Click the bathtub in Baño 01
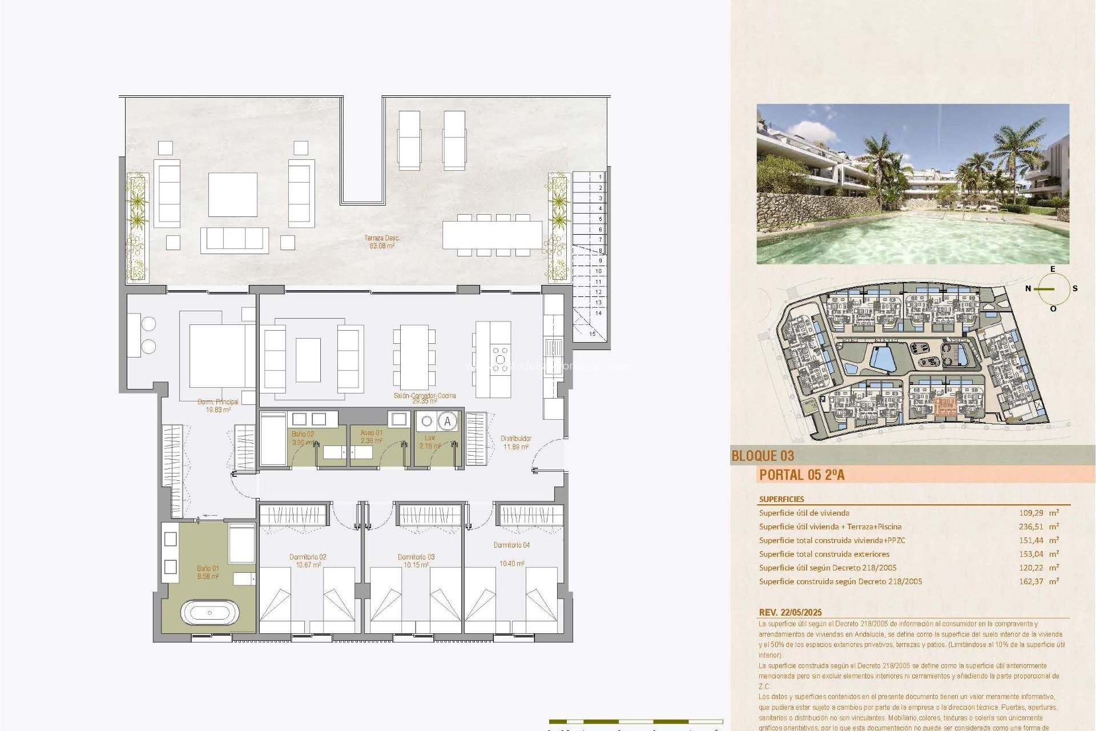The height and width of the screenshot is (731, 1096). pyautogui.click(x=209, y=613)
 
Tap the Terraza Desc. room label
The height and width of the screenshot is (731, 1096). pyautogui.click(x=382, y=242)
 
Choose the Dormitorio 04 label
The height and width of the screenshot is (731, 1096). pyautogui.click(x=511, y=545)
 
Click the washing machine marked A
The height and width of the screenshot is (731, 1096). pyautogui.click(x=448, y=421)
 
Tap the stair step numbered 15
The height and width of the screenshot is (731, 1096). pyautogui.click(x=592, y=334)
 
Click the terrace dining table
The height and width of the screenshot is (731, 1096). pyautogui.click(x=492, y=235)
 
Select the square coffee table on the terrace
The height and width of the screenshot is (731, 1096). pyautogui.click(x=232, y=194)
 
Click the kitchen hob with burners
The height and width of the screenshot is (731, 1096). pyautogui.click(x=501, y=360)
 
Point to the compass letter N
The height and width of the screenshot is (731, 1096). pyautogui.click(x=1028, y=288)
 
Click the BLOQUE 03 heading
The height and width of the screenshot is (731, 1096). pyautogui.click(x=763, y=456)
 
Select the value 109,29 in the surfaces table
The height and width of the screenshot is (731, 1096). pyautogui.click(x=1031, y=513)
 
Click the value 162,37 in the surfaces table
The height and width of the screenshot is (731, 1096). pyautogui.click(x=1031, y=581)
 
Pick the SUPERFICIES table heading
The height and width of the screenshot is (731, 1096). pyautogui.click(x=781, y=499)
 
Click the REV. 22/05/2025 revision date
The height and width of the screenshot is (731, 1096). pyautogui.click(x=791, y=612)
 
